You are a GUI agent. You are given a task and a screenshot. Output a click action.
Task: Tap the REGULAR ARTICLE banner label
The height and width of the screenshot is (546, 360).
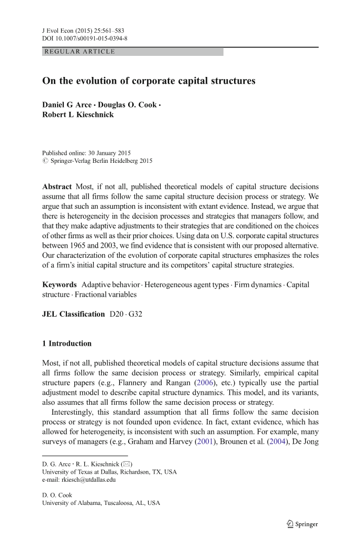80,52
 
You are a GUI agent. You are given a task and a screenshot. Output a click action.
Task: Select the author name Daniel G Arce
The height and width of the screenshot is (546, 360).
67,104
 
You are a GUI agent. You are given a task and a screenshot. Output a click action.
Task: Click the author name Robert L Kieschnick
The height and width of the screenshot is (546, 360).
77,114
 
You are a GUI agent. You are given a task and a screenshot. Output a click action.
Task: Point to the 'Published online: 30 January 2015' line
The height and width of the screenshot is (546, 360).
86,153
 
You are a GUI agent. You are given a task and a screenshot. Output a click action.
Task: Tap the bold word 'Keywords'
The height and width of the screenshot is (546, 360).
60,285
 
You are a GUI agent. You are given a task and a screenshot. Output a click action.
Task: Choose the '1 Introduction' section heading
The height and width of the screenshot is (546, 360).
67,344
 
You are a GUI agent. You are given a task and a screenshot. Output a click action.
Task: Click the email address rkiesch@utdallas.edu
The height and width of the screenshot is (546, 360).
79,480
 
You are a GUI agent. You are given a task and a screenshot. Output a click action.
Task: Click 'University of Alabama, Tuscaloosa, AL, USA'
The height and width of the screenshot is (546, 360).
101,503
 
